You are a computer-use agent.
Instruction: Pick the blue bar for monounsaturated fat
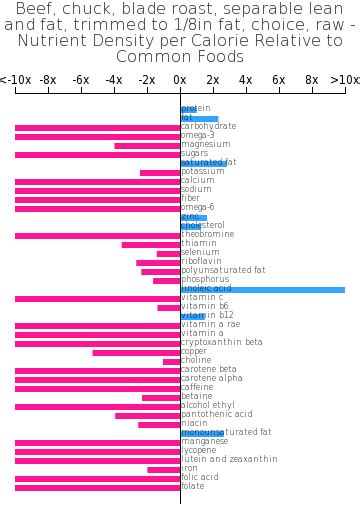(201, 433)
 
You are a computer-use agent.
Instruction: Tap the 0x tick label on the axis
(180, 79)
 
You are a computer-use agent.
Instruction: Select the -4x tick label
(114, 79)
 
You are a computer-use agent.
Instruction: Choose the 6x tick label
(278, 79)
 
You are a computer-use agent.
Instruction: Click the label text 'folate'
(193, 487)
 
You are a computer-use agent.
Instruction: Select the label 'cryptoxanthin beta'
(222, 343)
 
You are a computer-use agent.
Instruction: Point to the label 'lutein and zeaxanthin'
(229, 460)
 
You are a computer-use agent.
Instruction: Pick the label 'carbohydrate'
(209, 127)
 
